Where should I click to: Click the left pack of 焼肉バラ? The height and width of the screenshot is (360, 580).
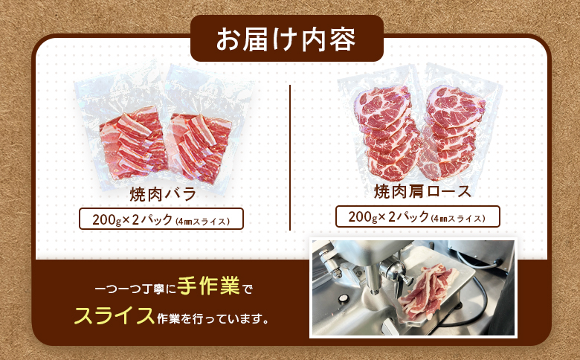[x=131, y=141]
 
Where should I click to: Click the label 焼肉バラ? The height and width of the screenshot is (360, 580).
[x=162, y=195]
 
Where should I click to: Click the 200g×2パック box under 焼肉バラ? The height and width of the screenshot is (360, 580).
[x=161, y=220]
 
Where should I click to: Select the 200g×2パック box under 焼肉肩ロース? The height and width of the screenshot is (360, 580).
[x=418, y=216]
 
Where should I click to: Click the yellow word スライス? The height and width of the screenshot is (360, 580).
[x=114, y=316]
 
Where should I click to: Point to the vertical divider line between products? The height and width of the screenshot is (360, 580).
[x=290, y=156]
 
